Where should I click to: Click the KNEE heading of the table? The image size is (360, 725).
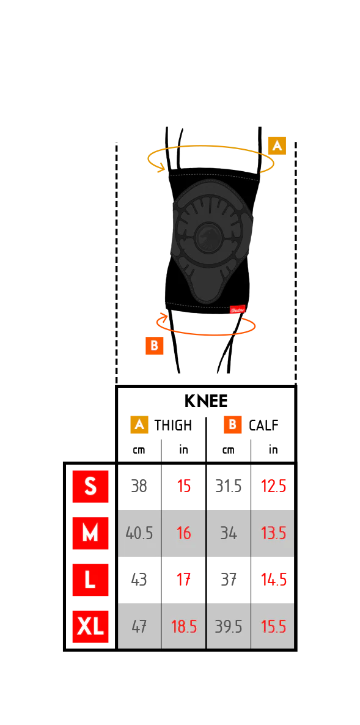pos(205,401)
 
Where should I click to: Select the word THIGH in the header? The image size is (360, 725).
pos(173,425)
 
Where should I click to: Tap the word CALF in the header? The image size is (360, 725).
pos(263,425)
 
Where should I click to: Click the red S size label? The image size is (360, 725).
pos(90,487)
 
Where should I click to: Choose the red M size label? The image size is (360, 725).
pos(90,533)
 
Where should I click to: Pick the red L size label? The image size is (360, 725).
pos(90,580)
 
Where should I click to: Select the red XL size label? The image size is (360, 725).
pos(90,627)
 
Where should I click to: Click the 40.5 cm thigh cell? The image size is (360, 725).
pos(139,534)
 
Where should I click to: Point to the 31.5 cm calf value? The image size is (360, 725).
pos(229,487)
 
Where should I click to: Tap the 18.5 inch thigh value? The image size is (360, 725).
pos(184,627)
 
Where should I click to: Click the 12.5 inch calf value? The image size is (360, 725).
pos(274,487)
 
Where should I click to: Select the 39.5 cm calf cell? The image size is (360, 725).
pos(229,627)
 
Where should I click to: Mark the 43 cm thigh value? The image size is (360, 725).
pos(139,580)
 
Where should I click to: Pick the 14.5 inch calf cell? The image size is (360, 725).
pos(274,580)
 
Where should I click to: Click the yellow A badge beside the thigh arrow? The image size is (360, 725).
pos(277,145)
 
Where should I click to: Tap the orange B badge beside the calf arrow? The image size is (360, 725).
pos(155,345)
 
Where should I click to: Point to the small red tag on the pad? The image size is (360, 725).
pos(237,311)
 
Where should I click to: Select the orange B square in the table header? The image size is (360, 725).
pos(232,424)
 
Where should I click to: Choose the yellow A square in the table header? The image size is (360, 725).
pos(139,424)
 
